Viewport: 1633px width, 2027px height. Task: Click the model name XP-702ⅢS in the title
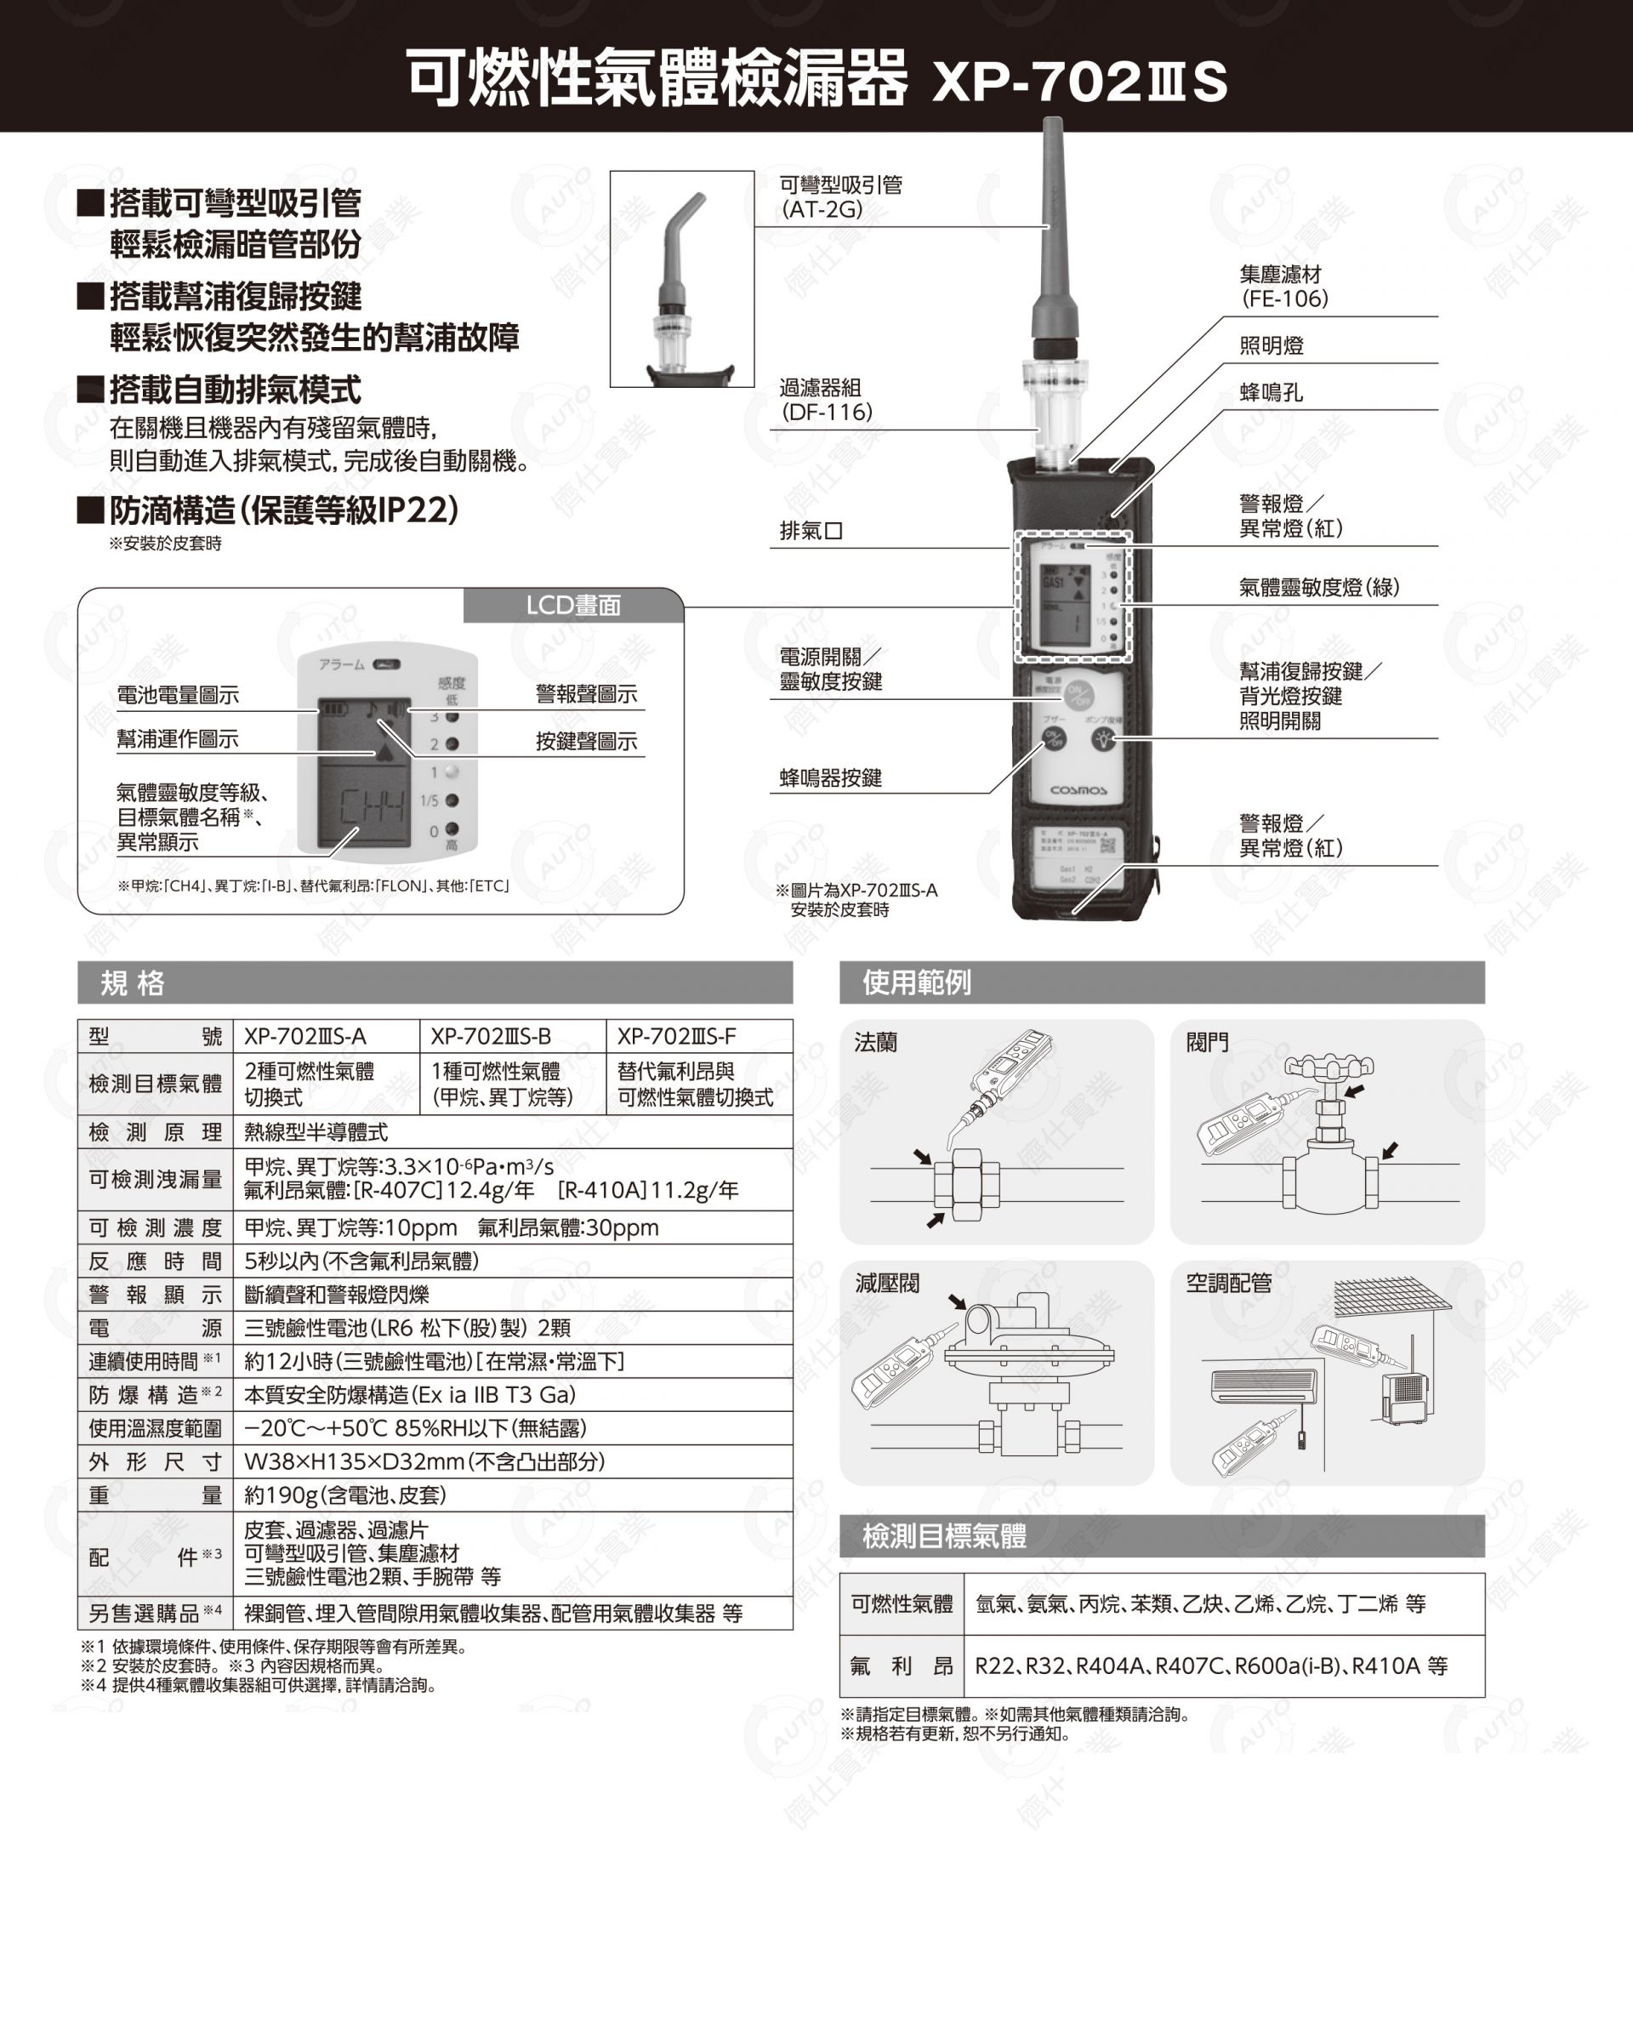pos(1079,81)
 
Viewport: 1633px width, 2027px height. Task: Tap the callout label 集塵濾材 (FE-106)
pos(1283,287)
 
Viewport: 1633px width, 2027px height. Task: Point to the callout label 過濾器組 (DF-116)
pos(825,400)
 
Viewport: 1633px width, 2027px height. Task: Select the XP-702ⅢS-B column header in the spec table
pos(491,1037)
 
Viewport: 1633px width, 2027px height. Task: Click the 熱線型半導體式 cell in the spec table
pos(316,1131)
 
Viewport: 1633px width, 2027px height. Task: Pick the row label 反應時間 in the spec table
pos(155,1261)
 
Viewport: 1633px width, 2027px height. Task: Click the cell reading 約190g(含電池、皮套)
pos(345,1495)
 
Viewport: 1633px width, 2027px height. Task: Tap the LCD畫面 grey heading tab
pos(573,605)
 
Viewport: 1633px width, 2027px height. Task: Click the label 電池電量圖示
pos(178,695)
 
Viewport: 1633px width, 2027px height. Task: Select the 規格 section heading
pos(133,983)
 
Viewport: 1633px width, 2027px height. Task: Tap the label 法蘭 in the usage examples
pos(875,1042)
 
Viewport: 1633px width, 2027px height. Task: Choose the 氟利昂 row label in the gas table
pos(902,1665)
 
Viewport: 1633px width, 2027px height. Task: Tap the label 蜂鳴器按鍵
pos(831,777)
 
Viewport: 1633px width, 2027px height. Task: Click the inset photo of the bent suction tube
pos(682,278)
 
